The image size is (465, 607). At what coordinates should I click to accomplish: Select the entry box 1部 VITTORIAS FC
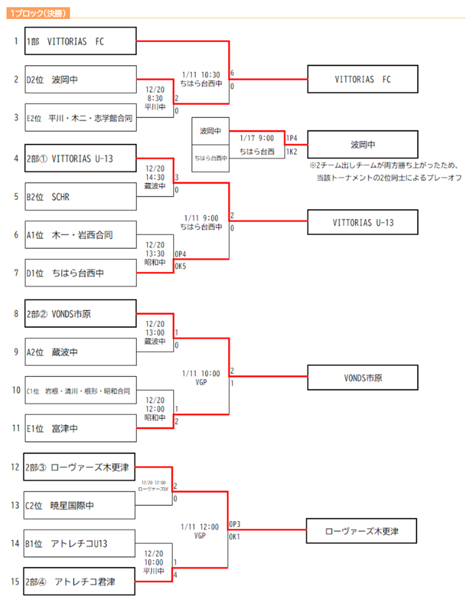click(80, 41)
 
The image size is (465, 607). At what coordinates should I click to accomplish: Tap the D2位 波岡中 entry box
click(80, 80)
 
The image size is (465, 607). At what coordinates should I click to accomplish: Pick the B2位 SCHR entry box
click(80, 197)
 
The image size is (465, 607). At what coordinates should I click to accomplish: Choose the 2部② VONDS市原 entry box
click(80, 314)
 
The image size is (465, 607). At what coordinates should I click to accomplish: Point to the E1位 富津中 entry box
click(80, 429)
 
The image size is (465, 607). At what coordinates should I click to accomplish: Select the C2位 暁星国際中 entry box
click(80, 506)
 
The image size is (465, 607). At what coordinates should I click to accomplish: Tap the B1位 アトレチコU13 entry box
click(80, 544)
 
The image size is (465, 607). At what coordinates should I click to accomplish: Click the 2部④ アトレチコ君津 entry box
click(80, 581)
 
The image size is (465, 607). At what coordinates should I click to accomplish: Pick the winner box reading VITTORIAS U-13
click(362, 222)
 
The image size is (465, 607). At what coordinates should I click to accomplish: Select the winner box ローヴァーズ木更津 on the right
click(362, 531)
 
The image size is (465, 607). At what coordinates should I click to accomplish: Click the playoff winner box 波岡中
click(362, 144)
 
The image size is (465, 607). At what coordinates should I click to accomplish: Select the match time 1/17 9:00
click(256, 138)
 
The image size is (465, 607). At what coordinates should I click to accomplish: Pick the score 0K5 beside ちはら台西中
click(180, 266)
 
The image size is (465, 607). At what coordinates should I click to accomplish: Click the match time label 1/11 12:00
click(201, 527)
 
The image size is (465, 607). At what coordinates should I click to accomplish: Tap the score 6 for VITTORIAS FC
click(233, 74)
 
